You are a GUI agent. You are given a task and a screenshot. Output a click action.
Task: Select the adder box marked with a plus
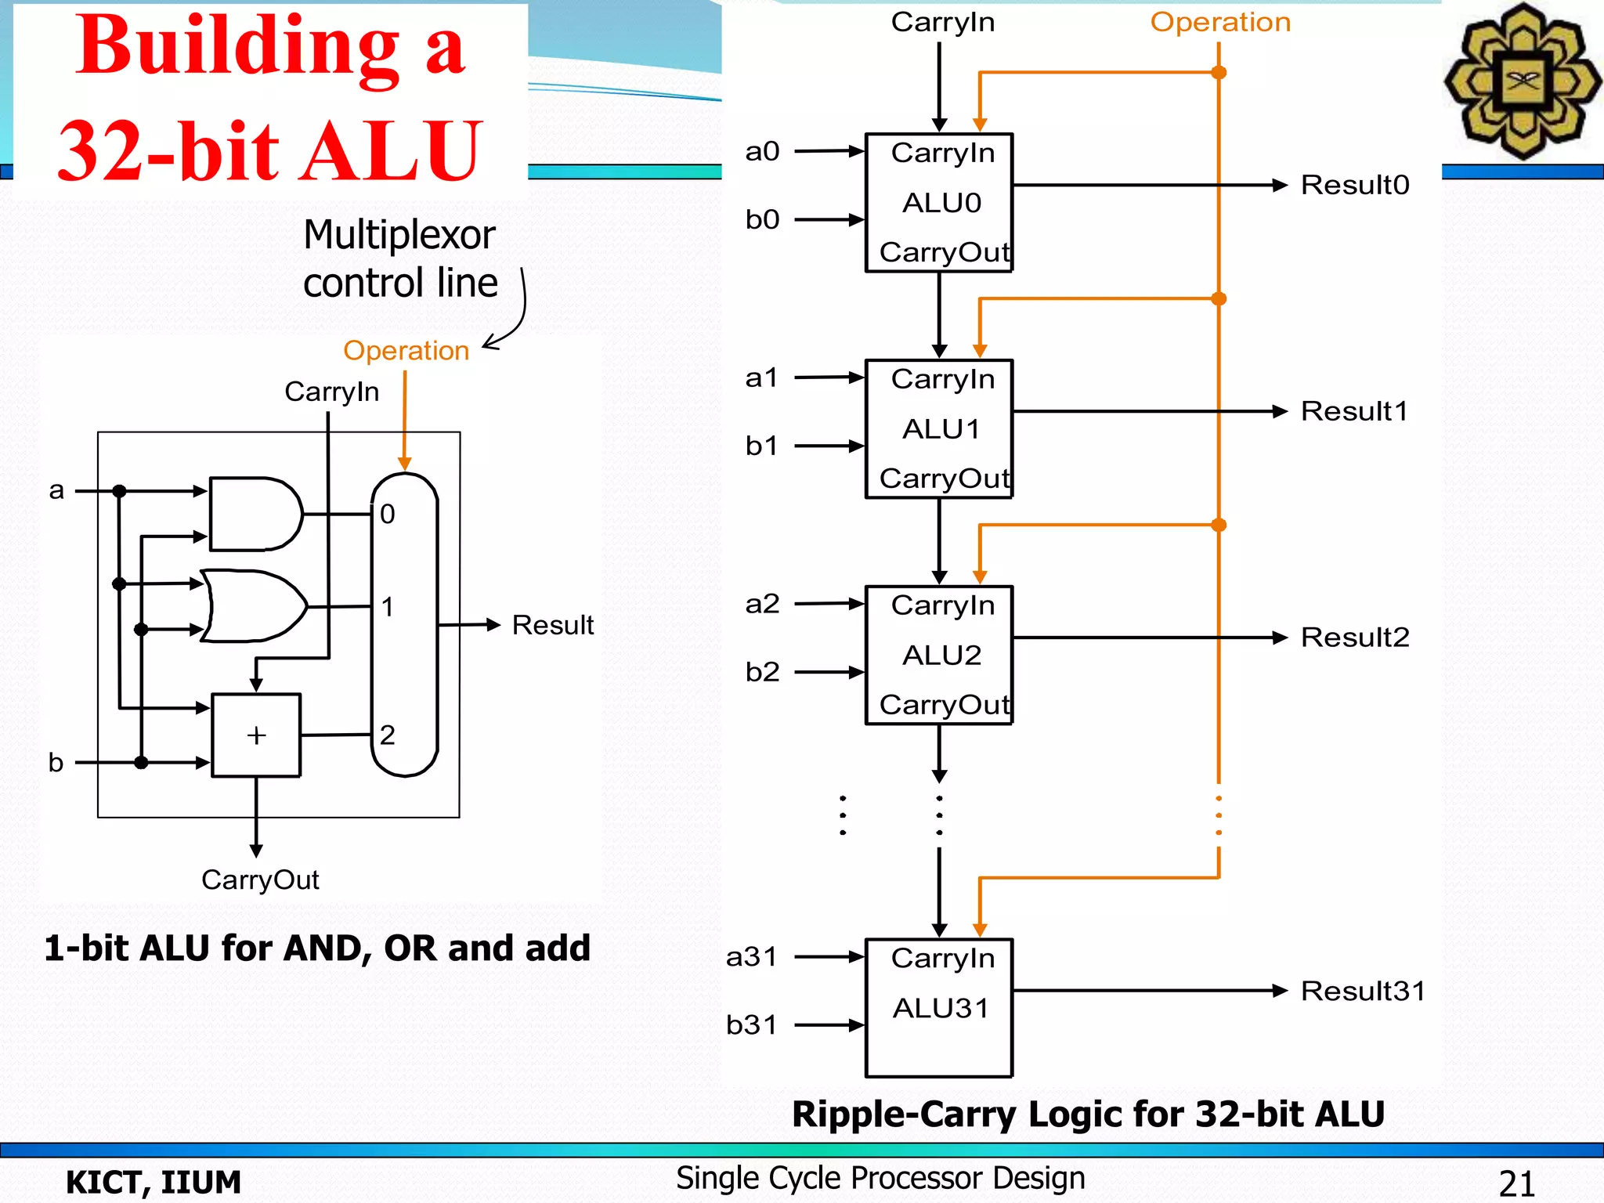click(256, 735)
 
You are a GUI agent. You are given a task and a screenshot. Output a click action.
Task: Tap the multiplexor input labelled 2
click(388, 735)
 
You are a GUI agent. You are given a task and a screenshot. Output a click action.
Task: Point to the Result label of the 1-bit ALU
click(552, 625)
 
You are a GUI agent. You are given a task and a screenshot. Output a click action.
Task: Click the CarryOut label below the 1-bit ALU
click(260, 880)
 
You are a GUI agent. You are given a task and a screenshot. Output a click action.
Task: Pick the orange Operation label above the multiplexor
click(406, 350)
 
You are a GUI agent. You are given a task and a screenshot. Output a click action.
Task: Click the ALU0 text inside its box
click(941, 203)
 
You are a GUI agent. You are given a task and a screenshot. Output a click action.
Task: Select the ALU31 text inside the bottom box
click(941, 1008)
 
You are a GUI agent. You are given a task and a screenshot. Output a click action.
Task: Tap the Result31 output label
click(1363, 991)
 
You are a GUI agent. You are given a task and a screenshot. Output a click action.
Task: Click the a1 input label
click(761, 378)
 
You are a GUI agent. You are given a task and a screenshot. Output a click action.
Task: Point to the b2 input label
click(762, 672)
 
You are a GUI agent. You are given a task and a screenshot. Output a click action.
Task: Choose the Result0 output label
click(1355, 185)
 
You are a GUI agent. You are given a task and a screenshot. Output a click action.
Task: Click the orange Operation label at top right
click(1220, 22)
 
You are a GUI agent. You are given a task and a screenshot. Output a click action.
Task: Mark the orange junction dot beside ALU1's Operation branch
click(1219, 298)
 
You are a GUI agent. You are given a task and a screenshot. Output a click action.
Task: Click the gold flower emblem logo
click(1523, 81)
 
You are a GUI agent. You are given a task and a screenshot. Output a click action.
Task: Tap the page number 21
click(1516, 1183)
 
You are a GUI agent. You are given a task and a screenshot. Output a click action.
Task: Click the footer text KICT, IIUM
click(154, 1182)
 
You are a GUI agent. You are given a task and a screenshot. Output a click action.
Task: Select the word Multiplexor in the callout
click(399, 234)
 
